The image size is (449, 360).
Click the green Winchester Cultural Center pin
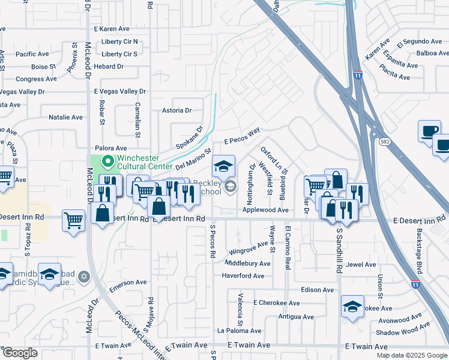coord(108,161)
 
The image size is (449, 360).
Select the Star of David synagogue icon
coord(84,276)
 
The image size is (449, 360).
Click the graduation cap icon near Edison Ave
coord(352,307)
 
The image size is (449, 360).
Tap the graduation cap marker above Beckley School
coord(223,166)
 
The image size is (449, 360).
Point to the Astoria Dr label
coord(176,110)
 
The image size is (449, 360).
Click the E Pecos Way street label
coord(242,135)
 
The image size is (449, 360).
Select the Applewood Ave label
coord(266,211)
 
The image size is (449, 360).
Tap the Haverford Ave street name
coord(243,276)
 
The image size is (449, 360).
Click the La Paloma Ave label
coord(240,331)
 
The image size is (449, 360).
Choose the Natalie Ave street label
coord(65,117)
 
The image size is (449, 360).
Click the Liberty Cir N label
coord(119,42)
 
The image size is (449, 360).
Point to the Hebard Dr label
coord(109,66)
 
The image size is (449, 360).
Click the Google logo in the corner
coord(20,353)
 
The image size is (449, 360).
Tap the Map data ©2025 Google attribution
coord(411,355)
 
